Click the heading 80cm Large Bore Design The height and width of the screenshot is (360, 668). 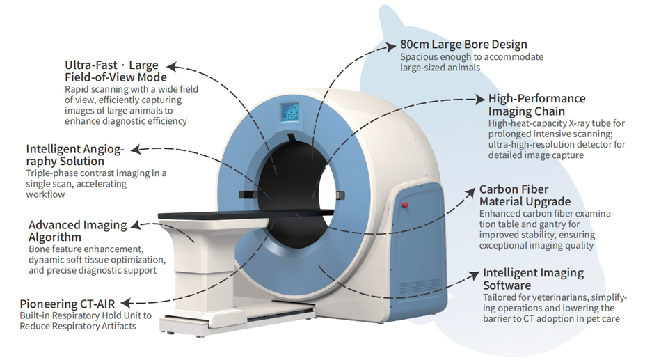[463, 45]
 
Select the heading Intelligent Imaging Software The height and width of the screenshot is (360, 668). [533, 279]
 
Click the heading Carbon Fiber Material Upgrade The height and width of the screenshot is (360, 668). [524, 196]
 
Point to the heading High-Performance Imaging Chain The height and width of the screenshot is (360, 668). [536, 104]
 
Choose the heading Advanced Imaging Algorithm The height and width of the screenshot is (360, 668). [77, 231]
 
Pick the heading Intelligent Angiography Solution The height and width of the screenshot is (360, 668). [75, 155]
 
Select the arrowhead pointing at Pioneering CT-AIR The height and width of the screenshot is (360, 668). [132, 303]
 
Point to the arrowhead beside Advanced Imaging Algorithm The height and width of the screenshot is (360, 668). [134, 225]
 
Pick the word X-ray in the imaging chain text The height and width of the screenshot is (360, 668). [577, 123]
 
